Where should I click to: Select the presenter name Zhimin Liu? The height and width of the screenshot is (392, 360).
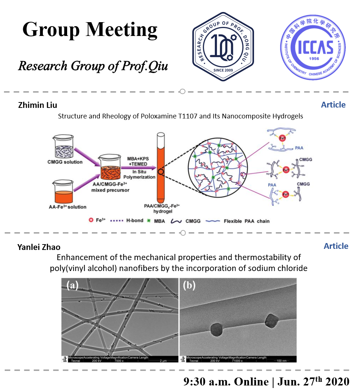(x=38, y=105)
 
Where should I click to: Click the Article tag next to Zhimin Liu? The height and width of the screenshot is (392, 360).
(x=333, y=105)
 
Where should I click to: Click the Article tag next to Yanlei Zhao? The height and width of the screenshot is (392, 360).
(x=336, y=246)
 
